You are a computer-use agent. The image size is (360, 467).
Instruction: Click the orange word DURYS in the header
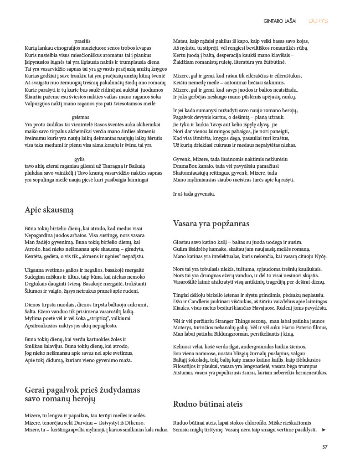tap(318, 21)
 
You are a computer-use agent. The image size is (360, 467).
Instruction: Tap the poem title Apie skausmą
tap(49, 210)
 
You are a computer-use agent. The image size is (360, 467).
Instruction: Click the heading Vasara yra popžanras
tap(211, 223)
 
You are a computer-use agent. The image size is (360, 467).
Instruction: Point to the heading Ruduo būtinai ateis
tap(208, 404)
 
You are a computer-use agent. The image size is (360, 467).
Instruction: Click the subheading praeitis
tap(82, 41)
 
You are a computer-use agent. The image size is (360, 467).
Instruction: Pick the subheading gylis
tap(80, 159)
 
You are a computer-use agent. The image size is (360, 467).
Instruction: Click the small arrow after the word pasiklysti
tap(324, 430)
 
